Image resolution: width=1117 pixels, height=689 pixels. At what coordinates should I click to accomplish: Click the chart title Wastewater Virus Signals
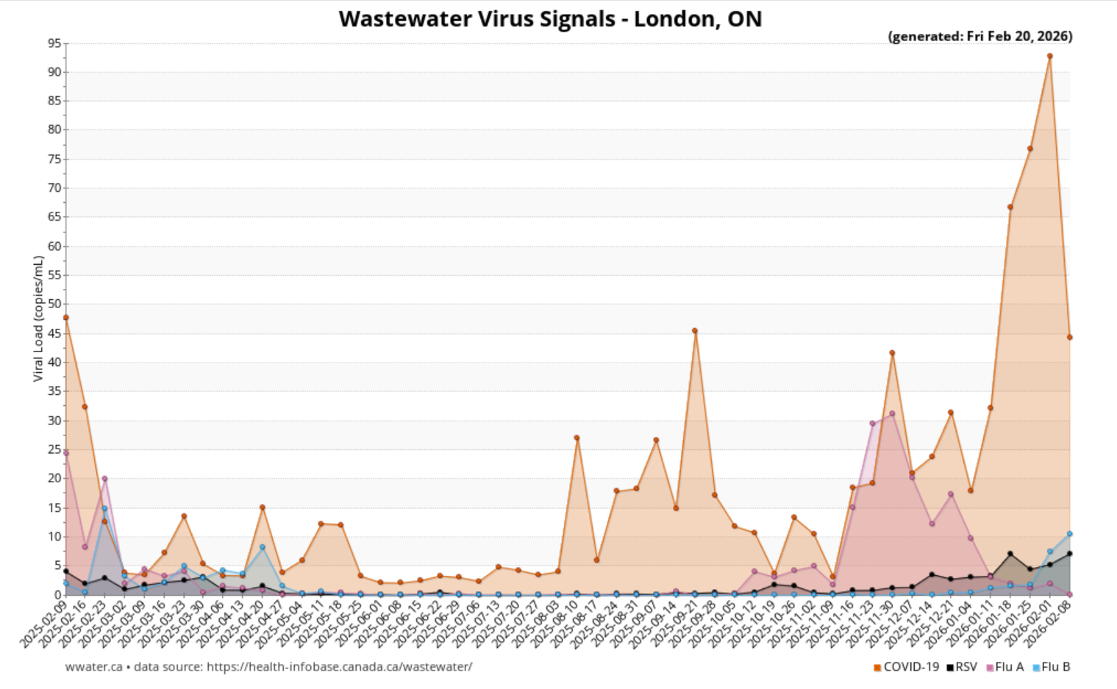550,18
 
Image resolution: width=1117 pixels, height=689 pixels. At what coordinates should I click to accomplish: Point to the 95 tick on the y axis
54,43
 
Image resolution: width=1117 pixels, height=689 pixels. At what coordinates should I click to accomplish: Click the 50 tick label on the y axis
54,304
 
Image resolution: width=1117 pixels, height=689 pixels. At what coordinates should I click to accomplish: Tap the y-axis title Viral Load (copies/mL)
38,318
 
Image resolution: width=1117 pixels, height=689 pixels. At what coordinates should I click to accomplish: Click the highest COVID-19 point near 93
1049,56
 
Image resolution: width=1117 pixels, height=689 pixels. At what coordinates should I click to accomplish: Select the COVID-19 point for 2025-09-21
695,331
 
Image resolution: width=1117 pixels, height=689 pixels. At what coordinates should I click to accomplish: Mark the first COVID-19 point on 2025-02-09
65,318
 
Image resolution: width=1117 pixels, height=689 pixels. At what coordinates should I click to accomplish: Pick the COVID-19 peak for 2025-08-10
577,438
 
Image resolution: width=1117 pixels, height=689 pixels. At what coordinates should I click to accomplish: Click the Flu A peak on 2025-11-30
892,413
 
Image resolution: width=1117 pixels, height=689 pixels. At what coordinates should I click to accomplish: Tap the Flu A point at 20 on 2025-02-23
104,479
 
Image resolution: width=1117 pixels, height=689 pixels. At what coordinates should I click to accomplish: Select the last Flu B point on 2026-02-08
1069,534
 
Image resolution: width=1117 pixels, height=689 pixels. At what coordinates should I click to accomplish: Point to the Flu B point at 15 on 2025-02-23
104,508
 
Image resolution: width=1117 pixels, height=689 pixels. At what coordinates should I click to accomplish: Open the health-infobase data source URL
339,667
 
